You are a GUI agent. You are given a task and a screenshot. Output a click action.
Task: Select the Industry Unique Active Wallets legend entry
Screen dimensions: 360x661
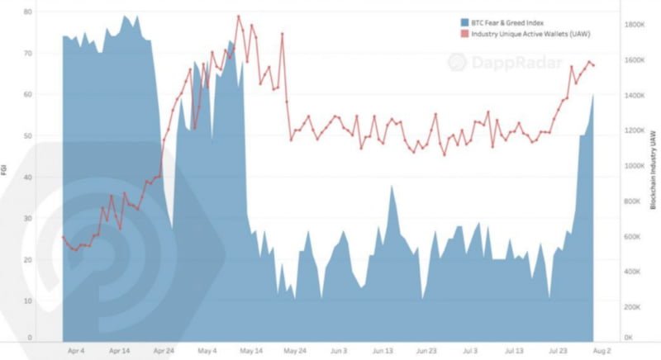pyautogui.click(x=525, y=33)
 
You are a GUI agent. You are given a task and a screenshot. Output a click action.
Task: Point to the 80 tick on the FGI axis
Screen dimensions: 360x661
pyautogui.click(x=28, y=12)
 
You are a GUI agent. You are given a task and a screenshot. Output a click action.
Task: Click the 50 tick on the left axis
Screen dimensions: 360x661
pyautogui.click(x=28, y=135)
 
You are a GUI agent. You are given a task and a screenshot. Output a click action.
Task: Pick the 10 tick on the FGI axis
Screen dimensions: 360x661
pyautogui.click(x=28, y=301)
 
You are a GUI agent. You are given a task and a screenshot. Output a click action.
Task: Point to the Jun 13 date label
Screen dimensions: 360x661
pyautogui.click(x=383, y=350)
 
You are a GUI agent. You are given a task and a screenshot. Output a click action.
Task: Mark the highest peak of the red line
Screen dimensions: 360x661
pyautogui.click(x=239, y=17)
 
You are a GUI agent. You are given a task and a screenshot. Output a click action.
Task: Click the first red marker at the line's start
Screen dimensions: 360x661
pyautogui.click(x=64, y=238)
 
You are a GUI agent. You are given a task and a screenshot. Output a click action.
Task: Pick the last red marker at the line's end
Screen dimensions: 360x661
pyautogui.click(x=593, y=65)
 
